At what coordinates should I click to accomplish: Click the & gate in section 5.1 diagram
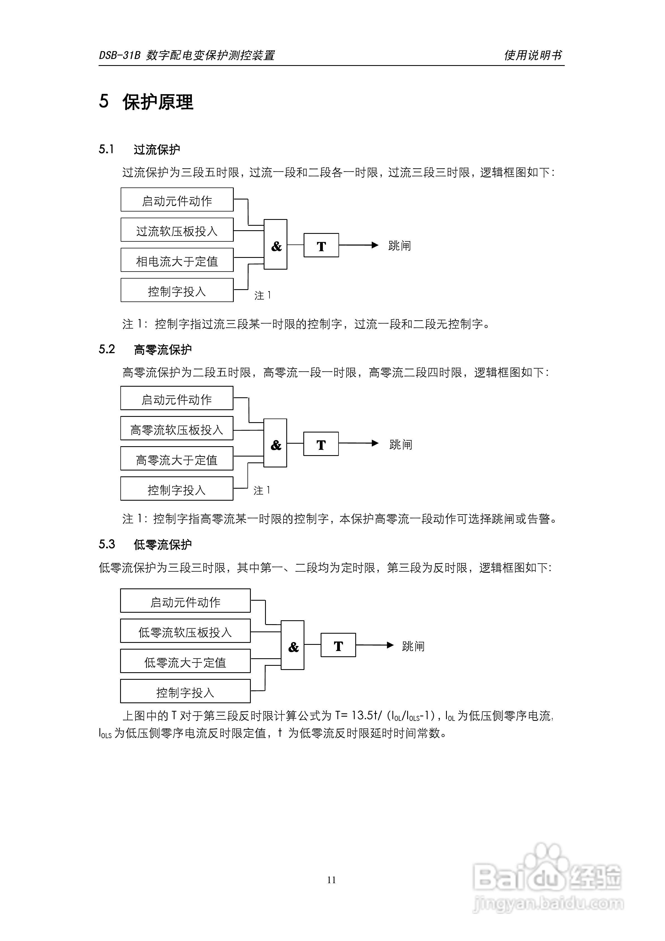(276, 245)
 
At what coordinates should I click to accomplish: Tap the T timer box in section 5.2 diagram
(321, 444)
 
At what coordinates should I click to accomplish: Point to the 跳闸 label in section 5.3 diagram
(413, 646)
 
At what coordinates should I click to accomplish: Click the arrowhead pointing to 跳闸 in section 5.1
(375, 245)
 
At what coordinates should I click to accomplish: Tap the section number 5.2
(107, 349)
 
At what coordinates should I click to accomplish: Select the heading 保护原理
(158, 102)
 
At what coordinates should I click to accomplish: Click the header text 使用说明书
(533, 55)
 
